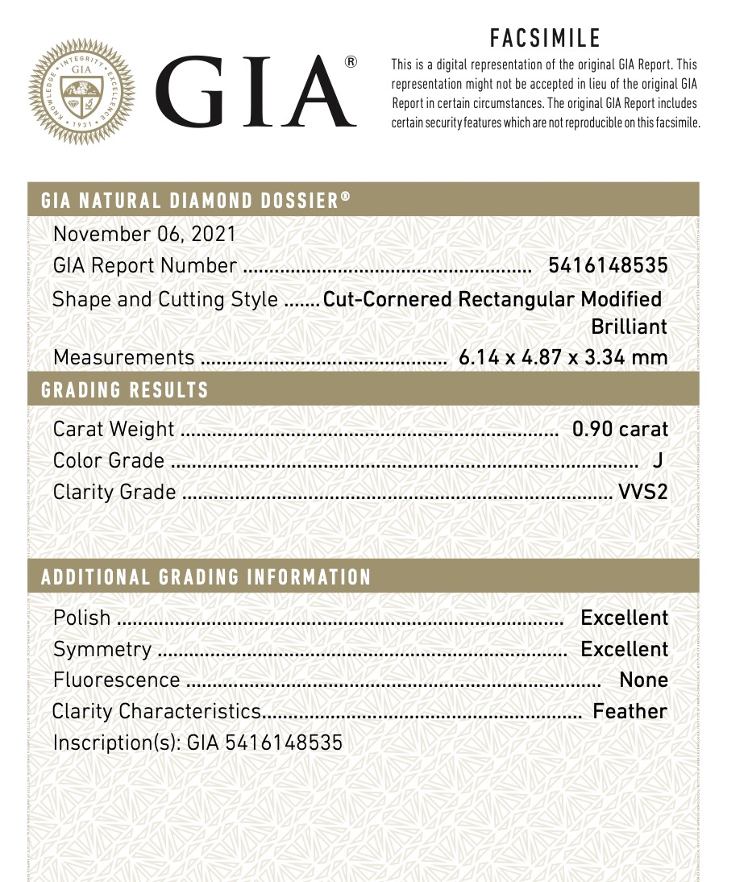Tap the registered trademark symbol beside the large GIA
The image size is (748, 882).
coord(351,62)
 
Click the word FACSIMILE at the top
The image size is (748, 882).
coord(545,38)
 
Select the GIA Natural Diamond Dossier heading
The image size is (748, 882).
coord(196,200)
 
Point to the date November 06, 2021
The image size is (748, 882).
coord(144,234)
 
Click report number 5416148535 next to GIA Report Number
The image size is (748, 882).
coord(608,265)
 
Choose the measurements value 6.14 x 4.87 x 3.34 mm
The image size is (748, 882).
coord(563,357)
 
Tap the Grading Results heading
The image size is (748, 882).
coord(125,391)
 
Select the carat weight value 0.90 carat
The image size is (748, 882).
coord(620,429)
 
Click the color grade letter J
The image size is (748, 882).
coord(657,460)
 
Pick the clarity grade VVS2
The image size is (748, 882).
coord(642,492)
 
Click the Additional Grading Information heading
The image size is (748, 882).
coord(206,577)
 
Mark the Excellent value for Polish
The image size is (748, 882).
coord(624,618)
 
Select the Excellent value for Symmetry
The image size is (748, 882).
coord(624,649)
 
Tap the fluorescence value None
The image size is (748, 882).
coord(643,680)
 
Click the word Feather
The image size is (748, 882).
coord(630,711)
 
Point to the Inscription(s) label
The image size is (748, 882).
coord(116,743)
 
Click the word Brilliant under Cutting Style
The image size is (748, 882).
coord(629,327)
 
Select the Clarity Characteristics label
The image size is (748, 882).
coord(156,711)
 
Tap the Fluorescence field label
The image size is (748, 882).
coord(116,680)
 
